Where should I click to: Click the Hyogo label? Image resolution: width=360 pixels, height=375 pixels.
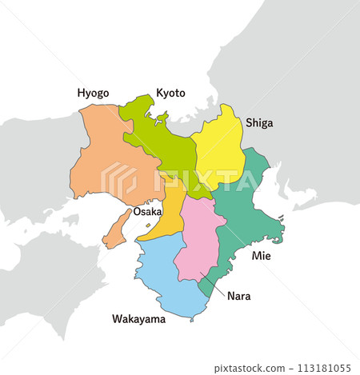coord(93,94)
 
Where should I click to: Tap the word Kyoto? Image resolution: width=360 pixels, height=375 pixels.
coord(170,93)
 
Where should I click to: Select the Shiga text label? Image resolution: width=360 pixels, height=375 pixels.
coord(259,122)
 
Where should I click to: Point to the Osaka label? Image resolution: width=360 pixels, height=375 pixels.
coord(147,212)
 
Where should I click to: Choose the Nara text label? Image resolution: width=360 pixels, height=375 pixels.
coord(238,296)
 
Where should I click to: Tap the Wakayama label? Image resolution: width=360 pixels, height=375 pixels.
coord(138,320)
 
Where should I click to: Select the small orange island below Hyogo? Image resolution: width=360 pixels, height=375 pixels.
coord(117,229)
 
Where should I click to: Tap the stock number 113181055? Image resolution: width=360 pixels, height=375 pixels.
coord(324,368)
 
